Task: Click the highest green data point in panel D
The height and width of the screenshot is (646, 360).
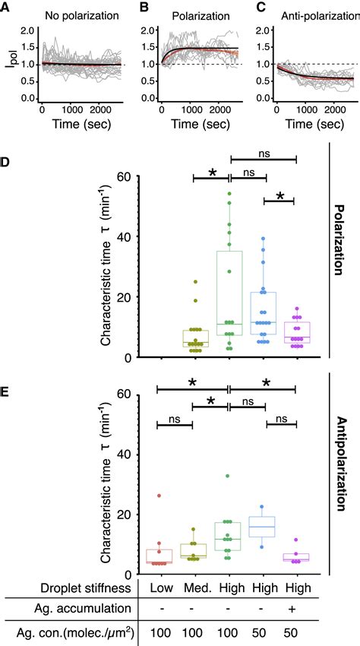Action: pyautogui.click(x=229, y=194)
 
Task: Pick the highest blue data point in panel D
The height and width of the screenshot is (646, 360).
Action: pyautogui.click(x=263, y=239)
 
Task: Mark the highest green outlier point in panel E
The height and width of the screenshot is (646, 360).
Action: pyautogui.click(x=229, y=477)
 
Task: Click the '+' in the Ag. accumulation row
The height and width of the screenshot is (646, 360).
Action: pyautogui.click(x=295, y=609)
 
